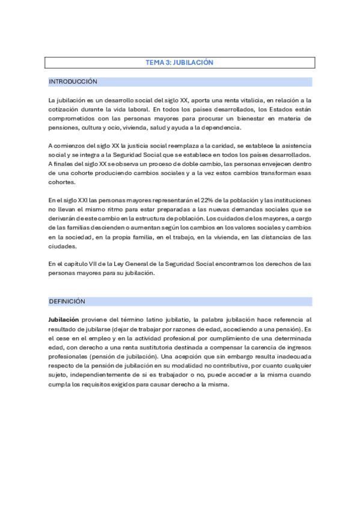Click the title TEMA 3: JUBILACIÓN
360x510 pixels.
coord(180,63)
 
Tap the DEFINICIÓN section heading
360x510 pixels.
coord(67,301)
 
